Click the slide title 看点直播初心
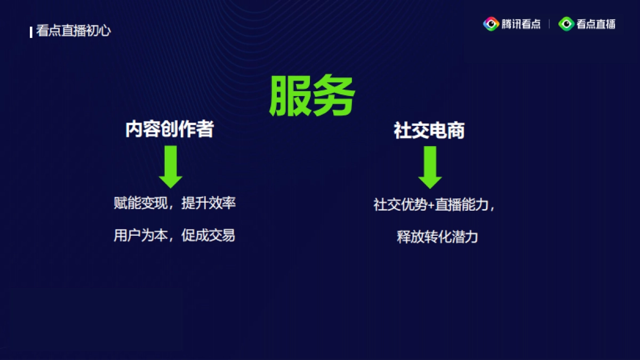(74, 31)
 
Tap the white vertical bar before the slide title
(31, 31)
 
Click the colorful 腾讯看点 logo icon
(491, 24)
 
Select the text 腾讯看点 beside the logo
(521, 24)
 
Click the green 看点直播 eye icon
(566, 24)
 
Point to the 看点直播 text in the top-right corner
(596, 24)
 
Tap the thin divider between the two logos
(549, 24)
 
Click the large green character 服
(290, 96)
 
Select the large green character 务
(334, 96)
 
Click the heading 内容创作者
(170, 130)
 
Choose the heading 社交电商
(429, 131)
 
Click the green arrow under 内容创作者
(171, 166)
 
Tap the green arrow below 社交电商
(430, 167)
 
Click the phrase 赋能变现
(141, 203)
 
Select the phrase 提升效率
(209, 203)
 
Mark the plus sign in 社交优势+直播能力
(431, 205)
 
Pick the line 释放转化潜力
(437, 237)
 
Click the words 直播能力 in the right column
(462, 205)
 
